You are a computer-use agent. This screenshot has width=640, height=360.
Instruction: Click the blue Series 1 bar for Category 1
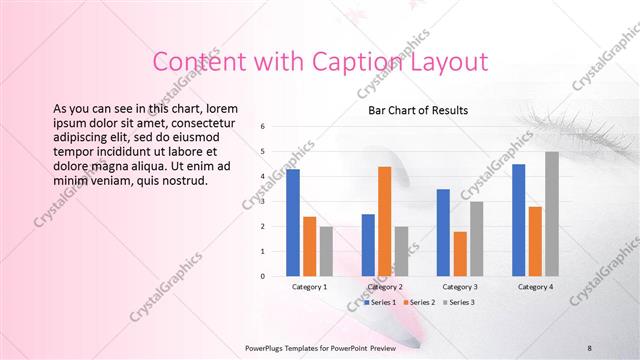coord(293,222)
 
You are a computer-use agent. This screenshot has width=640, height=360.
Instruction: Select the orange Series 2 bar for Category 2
coord(384,220)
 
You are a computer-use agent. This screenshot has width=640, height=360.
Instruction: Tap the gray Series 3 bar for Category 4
coord(552,213)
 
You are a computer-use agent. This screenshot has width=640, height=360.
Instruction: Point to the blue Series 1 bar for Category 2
coord(368,244)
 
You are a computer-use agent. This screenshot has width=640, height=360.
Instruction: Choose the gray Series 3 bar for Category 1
coord(326,250)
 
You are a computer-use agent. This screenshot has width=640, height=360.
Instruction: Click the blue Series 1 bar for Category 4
coord(518,219)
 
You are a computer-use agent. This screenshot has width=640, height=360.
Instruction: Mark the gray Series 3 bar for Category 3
coord(476,238)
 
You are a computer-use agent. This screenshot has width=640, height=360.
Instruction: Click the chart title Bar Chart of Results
coord(418,109)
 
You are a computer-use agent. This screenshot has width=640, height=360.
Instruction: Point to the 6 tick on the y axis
coord(262,127)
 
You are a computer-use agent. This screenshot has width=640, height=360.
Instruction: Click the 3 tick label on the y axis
coord(262,201)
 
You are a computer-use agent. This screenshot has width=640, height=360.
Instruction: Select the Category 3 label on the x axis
coord(459,287)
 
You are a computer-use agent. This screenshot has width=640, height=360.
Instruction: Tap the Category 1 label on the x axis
coord(309,287)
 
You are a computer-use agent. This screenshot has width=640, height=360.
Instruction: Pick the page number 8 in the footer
coord(590,347)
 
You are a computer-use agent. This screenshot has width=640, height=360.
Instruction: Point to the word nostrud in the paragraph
coord(181,180)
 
